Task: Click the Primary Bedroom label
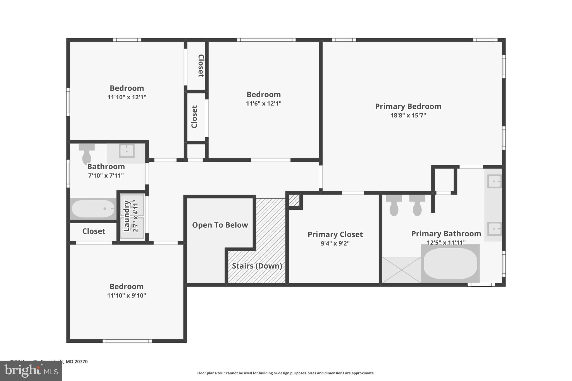click(408, 106)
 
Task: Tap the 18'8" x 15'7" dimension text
click(408, 115)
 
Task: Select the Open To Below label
click(220, 225)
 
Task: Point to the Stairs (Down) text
click(257, 266)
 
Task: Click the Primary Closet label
click(335, 234)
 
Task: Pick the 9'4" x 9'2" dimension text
click(335, 243)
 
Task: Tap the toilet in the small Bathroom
click(87, 154)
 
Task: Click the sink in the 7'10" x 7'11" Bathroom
click(127, 151)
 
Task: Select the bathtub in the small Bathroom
click(93, 209)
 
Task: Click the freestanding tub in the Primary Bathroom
click(450, 263)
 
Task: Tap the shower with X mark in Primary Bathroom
click(401, 270)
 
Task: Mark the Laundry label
click(127, 215)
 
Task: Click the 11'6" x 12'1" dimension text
click(263, 104)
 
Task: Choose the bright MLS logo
click(31, 371)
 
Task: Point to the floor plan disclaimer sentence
click(286, 373)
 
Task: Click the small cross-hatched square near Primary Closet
click(294, 200)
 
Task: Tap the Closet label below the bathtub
click(94, 231)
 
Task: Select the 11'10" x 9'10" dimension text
click(127, 296)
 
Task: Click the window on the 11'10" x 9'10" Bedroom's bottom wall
click(127, 341)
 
